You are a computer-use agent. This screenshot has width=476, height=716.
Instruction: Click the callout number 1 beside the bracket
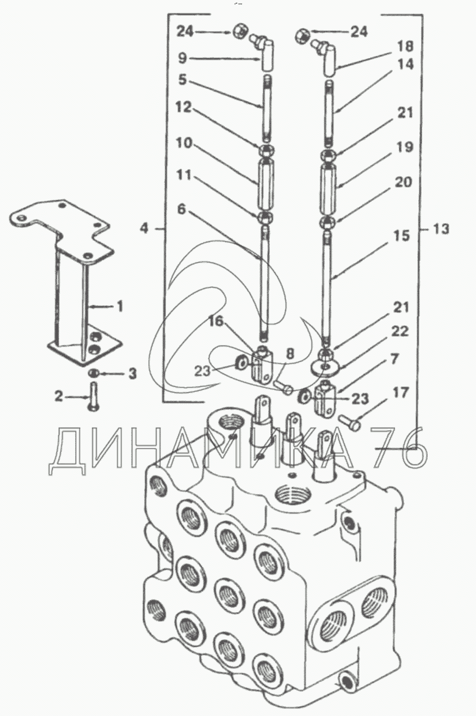tap(119, 306)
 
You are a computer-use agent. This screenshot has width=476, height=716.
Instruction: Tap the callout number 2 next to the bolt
tap(59, 397)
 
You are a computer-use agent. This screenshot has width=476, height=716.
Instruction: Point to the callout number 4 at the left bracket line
tap(145, 229)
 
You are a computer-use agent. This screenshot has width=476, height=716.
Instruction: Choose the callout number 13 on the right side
tap(441, 229)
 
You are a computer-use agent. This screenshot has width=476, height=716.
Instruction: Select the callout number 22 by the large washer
tap(400, 331)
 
